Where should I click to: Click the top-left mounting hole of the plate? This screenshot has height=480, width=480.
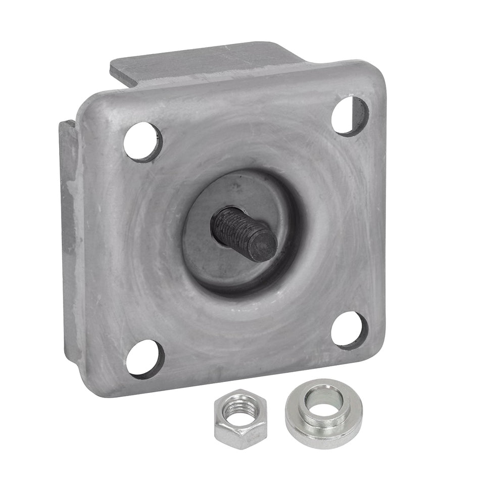pos(143,142)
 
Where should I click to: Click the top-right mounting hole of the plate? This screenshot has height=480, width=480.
pos(350,116)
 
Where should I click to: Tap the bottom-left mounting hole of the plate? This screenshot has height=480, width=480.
pos(145,358)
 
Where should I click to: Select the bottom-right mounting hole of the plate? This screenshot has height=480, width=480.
pos(349,330)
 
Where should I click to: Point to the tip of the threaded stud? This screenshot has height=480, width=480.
pos(265,246)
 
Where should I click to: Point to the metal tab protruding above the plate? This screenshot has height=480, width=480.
pos(202,63)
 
